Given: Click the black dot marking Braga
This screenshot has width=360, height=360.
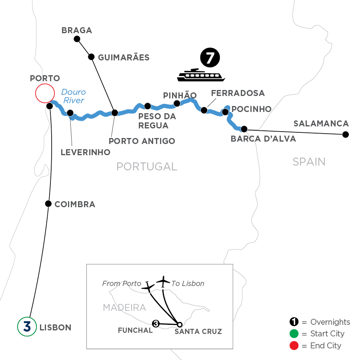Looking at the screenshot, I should coord(77,39).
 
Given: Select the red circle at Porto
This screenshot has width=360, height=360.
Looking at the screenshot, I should coord(44,94).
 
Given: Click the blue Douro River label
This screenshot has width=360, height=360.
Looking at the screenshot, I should coord(73,96).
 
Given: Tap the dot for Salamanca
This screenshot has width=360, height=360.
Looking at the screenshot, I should coord(346,135).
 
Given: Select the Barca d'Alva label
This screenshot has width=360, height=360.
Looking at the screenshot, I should coord(264,139).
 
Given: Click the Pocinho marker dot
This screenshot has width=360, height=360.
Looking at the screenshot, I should coord(225,112).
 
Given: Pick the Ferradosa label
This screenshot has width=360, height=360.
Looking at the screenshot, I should coord(238,93).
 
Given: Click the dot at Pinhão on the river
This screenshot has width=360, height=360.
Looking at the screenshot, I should coord(177,104).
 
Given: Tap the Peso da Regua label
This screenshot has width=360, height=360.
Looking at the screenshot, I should coord(153,121).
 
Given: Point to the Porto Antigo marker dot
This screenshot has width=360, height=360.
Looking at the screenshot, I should coord(114,113).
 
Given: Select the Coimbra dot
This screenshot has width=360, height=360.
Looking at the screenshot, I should coord(48,204).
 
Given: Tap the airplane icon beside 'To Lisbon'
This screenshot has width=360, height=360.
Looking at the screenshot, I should coord(163,281).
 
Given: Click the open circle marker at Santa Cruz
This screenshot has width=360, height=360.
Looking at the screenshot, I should coord(180,324).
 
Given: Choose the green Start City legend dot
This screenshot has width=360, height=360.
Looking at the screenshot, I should coord(294,334).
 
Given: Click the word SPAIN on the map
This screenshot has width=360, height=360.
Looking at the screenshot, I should coord(309,162).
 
